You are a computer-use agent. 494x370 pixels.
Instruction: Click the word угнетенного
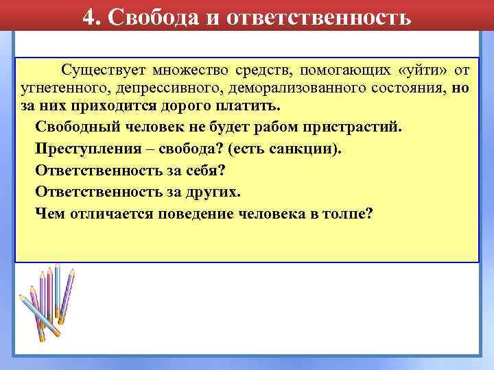coord(58,90)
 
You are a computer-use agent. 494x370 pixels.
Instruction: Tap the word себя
coord(217,171)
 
